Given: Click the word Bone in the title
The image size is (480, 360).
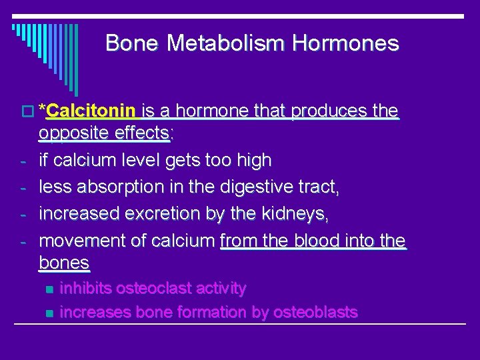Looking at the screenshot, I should click(132, 43).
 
